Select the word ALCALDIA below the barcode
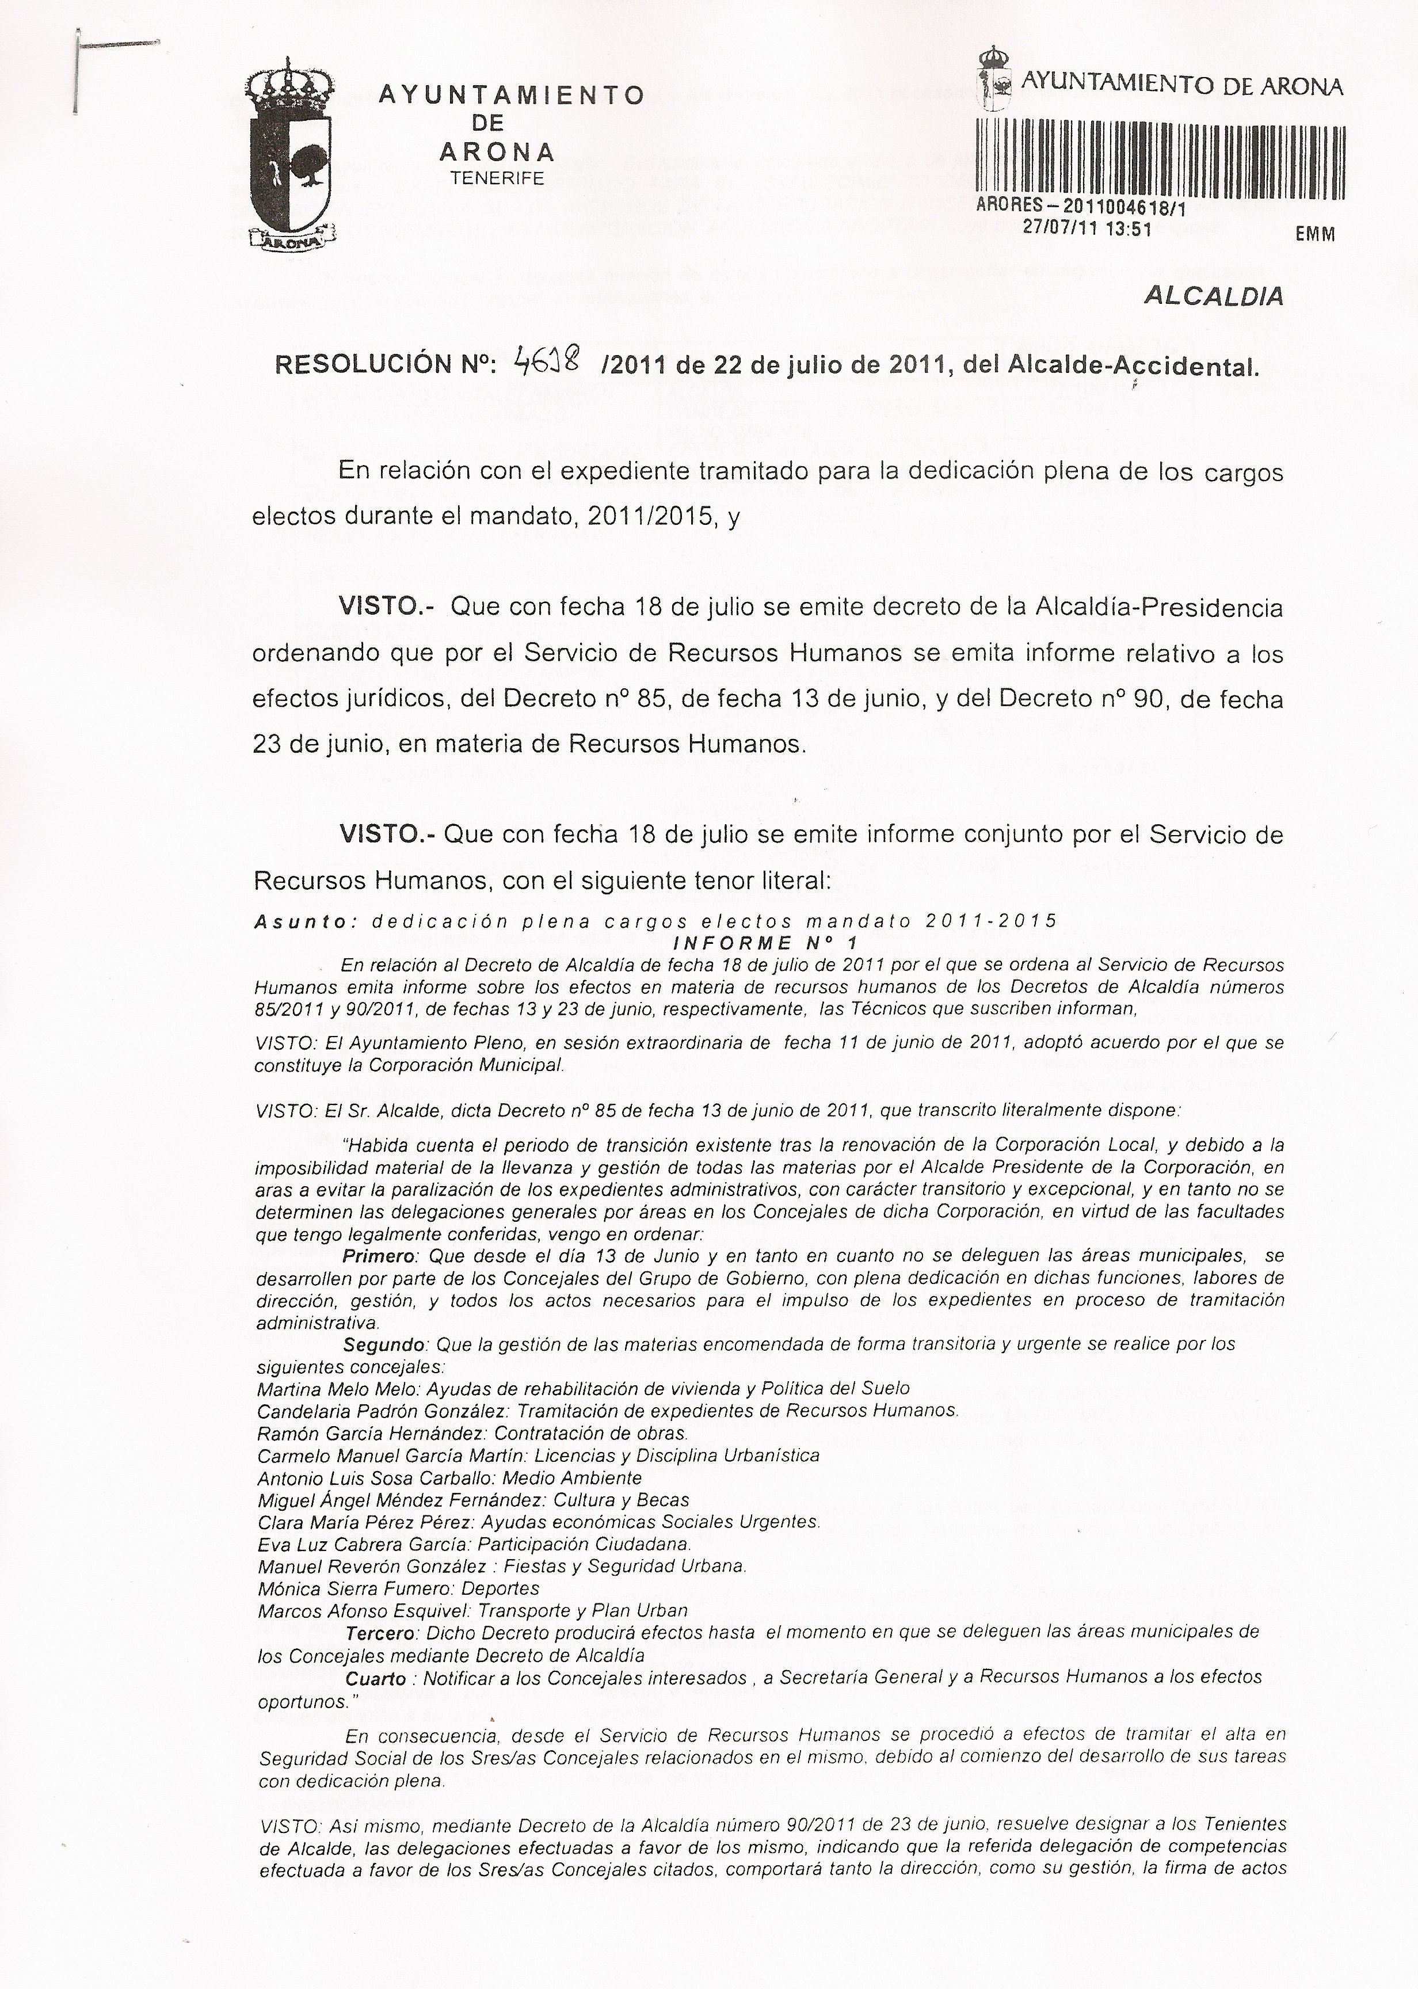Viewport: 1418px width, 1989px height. coord(1214,296)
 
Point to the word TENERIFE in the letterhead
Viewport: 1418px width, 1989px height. coord(497,178)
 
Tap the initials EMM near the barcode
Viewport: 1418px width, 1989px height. coord(1315,234)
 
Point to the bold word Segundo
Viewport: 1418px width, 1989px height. coord(385,1344)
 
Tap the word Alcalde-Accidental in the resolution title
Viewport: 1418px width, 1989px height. coord(1133,366)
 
